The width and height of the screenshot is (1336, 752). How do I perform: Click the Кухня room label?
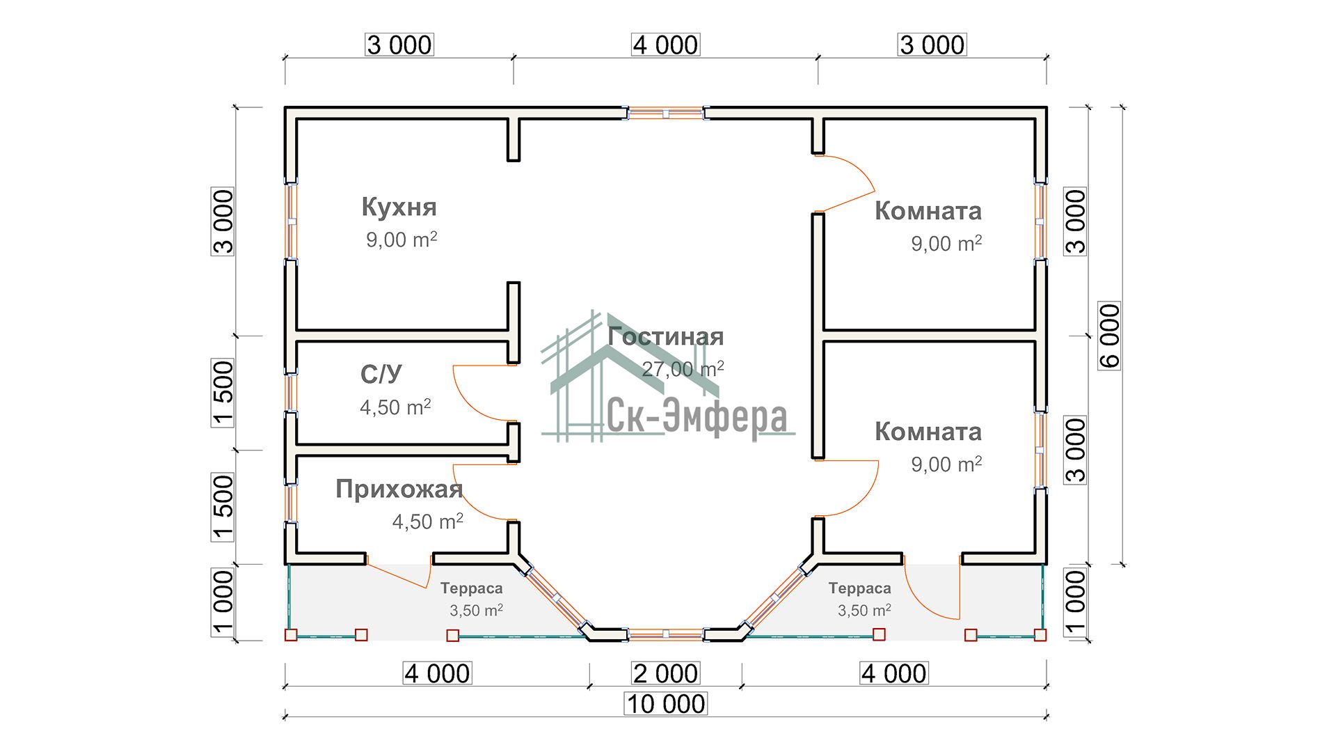[399, 207]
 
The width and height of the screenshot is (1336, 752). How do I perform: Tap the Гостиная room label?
[666, 337]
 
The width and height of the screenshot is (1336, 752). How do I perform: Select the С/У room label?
[381, 375]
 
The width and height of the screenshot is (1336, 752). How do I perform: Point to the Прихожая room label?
[399, 489]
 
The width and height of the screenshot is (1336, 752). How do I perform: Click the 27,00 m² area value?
[683, 369]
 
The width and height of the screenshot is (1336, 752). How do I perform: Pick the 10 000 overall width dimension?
[666, 704]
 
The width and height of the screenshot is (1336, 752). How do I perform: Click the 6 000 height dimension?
[1110, 336]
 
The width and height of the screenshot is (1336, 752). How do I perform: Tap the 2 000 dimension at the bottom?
[666, 673]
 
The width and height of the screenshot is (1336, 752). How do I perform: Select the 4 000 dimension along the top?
[666, 45]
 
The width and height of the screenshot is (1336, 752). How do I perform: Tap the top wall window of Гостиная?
[666, 113]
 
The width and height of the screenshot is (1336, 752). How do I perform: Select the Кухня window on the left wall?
[292, 222]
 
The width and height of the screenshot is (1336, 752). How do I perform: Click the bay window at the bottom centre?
[666, 634]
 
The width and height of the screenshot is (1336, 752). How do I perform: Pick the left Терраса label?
[471, 589]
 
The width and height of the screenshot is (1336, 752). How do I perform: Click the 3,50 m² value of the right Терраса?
[864, 611]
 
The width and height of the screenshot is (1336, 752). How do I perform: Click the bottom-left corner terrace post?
[291, 635]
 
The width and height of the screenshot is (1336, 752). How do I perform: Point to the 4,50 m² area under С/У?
[395, 407]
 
